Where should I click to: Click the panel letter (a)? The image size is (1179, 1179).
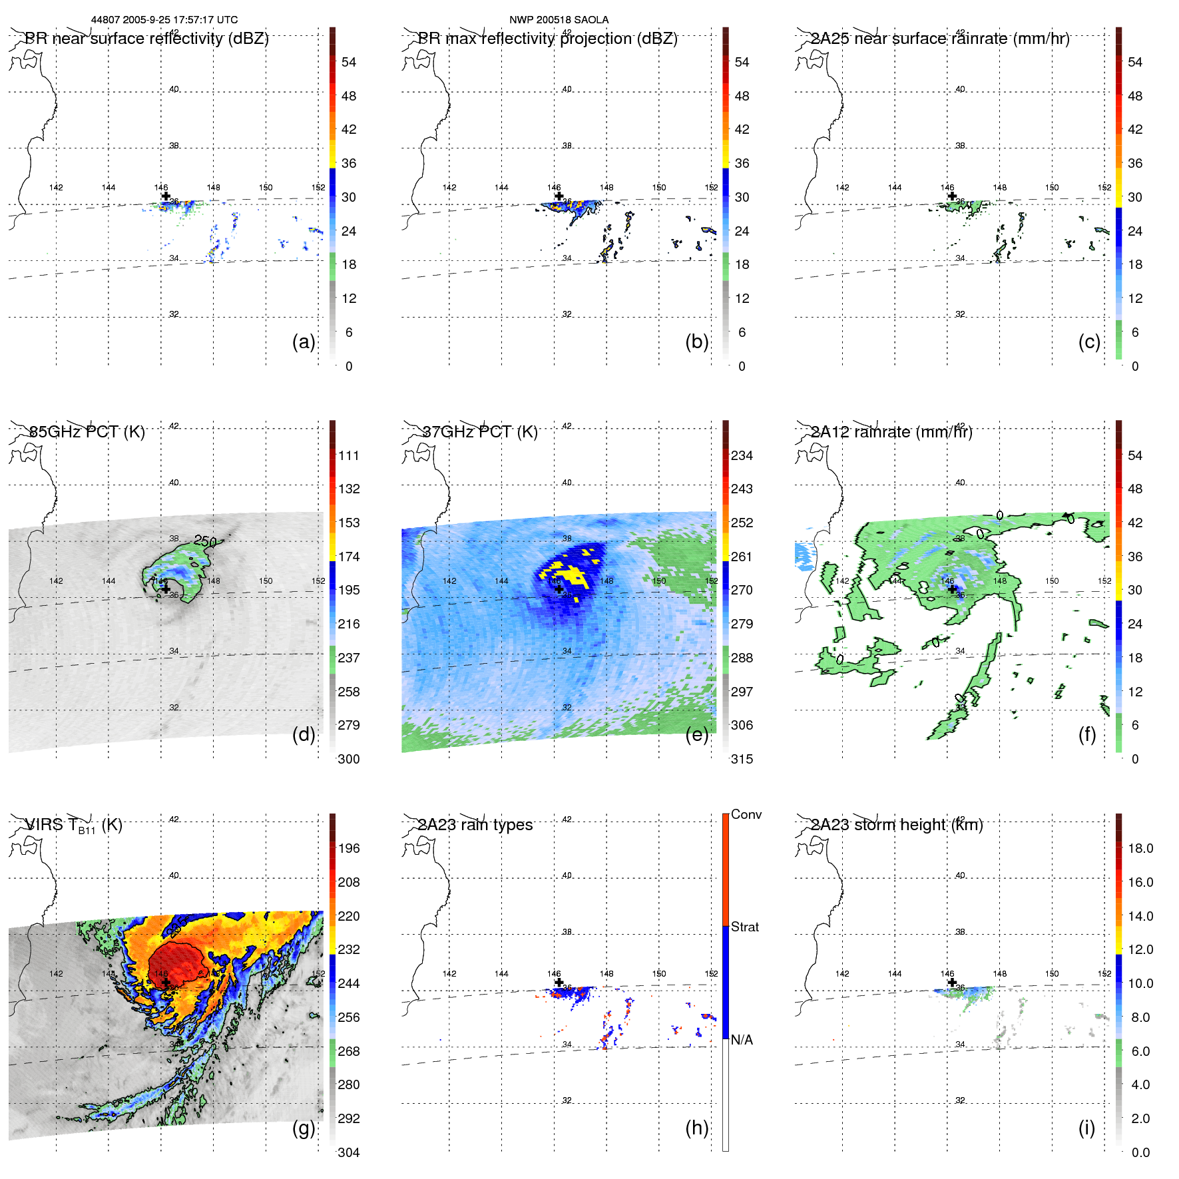(304, 342)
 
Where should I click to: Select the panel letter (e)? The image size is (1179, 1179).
(697, 735)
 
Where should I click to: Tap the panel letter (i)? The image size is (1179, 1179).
(1086, 1128)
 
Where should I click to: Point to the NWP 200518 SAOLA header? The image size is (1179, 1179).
(559, 20)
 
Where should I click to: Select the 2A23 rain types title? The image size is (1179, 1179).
(475, 825)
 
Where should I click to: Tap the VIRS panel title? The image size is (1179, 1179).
(73, 825)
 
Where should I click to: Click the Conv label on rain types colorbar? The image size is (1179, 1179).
(746, 814)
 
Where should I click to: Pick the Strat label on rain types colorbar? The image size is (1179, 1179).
(745, 927)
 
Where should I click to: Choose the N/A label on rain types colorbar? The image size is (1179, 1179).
(742, 1040)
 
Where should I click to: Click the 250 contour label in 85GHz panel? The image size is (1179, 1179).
(205, 541)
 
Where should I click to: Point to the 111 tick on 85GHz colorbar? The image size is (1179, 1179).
(349, 455)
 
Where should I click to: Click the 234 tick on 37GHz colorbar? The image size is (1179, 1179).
(742, 455)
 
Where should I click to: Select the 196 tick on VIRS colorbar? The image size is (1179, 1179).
(349, 848)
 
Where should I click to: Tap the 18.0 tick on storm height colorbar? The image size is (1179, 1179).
(1140, 848)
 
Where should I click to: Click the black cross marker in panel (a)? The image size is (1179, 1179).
(166, 196)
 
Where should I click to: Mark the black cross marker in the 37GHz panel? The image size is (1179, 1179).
(559, 589)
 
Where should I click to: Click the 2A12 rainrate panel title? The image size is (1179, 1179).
(891, 432)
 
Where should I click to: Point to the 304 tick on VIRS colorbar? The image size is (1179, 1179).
(349, 1152)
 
